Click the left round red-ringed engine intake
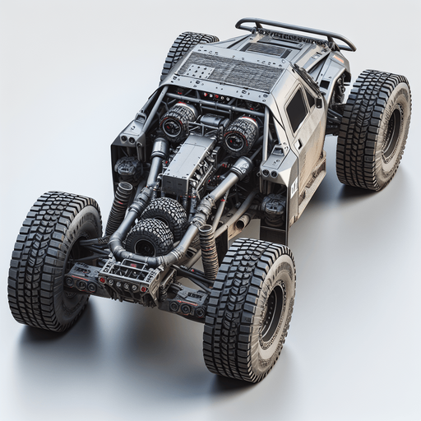click(176, 123)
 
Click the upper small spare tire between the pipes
click(164, 213)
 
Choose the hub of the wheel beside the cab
click(391, 132)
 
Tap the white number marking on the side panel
click(294, 187)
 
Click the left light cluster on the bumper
click(82, 284)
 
